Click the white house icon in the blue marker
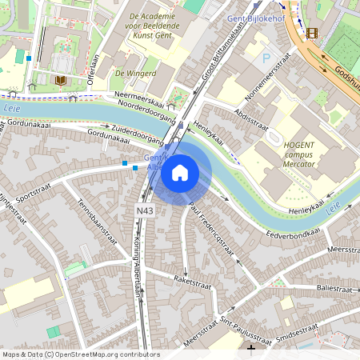180,172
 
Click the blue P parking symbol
266,58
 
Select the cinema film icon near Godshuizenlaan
310,33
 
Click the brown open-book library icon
61,81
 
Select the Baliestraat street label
334,287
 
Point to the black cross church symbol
251,348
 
